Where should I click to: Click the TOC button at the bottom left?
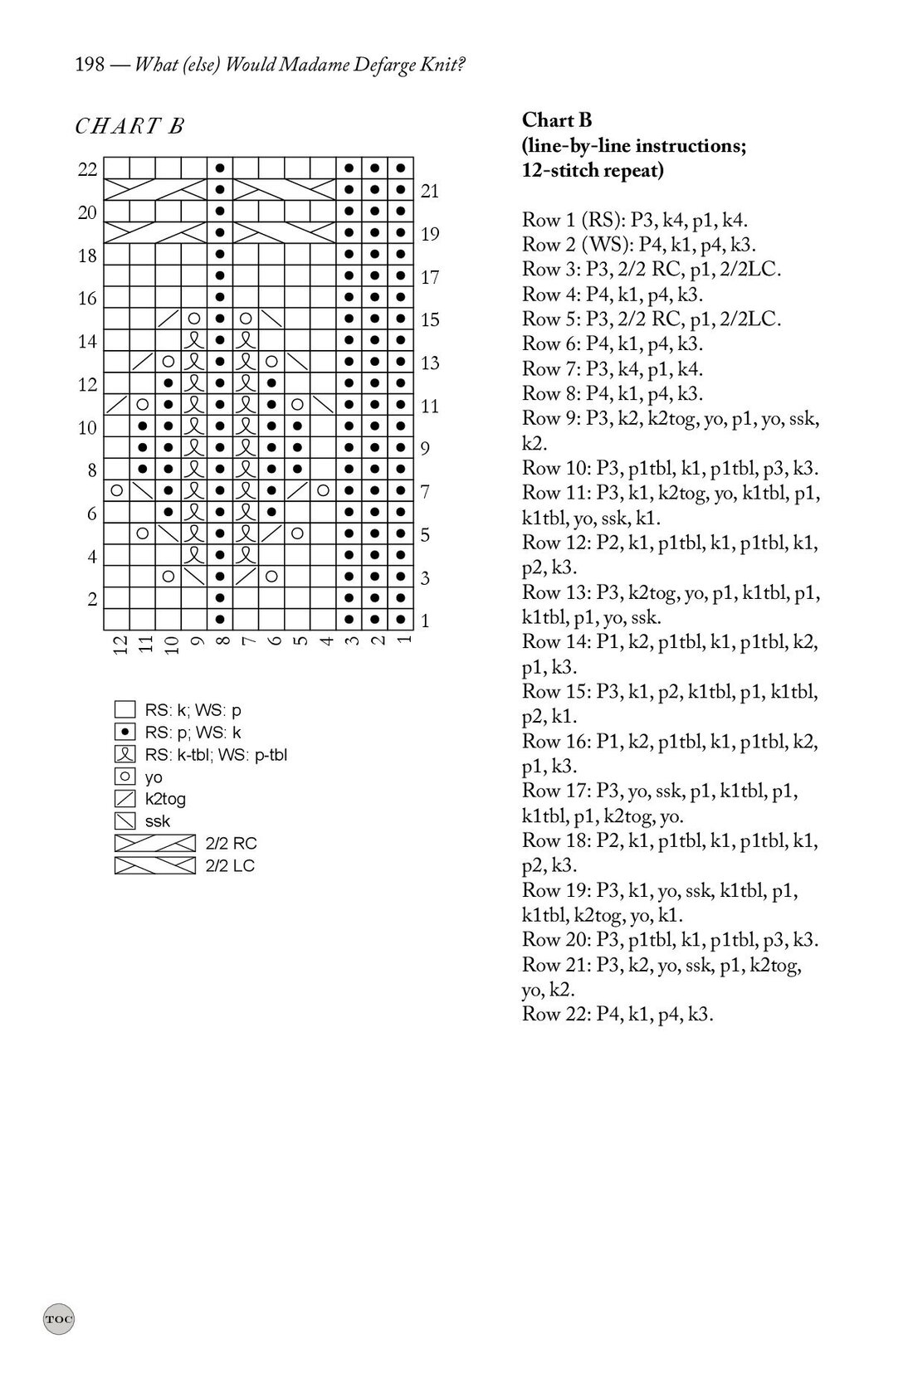coord(58,1318)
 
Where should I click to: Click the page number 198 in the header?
coord(90,65)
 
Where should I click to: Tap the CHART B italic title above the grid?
coord(129,126)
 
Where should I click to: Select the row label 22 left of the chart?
coord(87,170)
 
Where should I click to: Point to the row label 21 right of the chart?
coord(429,192)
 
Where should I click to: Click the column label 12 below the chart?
coord(117,644)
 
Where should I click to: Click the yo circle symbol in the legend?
coord(124,777)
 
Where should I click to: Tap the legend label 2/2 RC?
coord(231,844)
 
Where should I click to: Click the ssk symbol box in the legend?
coord(124,821)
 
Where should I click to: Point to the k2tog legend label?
coord(165,799)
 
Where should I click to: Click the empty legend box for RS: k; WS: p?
coord(124,710)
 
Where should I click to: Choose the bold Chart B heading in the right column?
coord(557,120)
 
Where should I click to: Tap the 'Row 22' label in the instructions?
coord(555,1014)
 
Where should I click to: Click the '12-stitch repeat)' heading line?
coord(593,171)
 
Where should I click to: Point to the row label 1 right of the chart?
coord(425,621)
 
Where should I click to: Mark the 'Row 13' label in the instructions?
coord(555,592)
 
